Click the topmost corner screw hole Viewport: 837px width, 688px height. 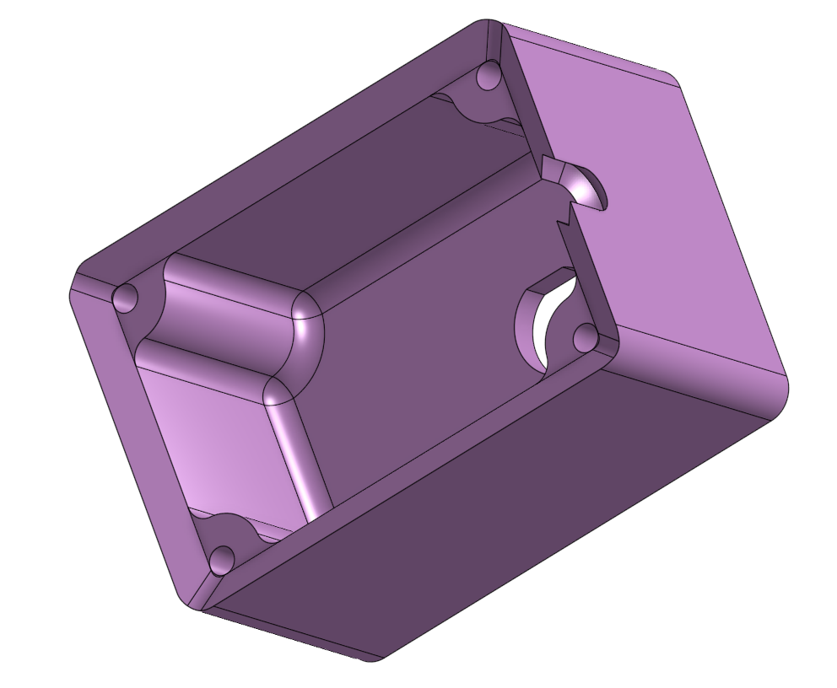click(489, 77)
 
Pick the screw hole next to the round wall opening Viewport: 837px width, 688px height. click(585, 339)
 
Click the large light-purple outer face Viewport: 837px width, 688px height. click(658, 211)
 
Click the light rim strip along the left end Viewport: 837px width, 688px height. click(127, 438)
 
